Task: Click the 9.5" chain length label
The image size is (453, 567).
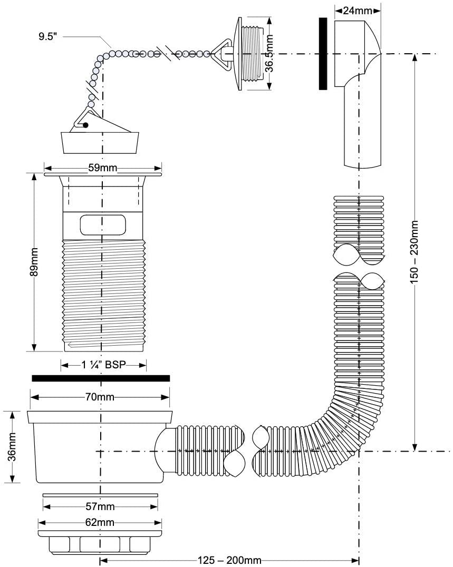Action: click(x=48, y=37)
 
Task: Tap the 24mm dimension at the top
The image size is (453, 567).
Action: click(x=358, y=11)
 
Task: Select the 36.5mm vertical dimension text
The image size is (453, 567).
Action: click(x=269, y=54)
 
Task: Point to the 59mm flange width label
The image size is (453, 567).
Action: click(x=103, y=168)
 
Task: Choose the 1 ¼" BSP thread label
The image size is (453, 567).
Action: click(x=103, y=365)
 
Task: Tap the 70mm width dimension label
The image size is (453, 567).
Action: click(x=100, y=397)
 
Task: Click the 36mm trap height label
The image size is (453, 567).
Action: click(x=12, y=446)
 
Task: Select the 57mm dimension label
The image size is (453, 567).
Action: click(x=100, y=506)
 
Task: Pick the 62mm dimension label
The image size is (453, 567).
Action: click(x=100, y=522)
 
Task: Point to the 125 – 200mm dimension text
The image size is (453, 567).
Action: click(x=229, y=561)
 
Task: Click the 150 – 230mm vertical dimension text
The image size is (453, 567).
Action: click(x=415, y=252)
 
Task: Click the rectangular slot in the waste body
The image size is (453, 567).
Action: click(x=103, y=224)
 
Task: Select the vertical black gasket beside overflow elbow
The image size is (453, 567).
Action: click(x=323, y=54)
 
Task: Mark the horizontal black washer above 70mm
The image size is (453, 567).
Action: click(x=101, y=378)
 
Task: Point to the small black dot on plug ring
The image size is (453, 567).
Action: click(x=86, y=125)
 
